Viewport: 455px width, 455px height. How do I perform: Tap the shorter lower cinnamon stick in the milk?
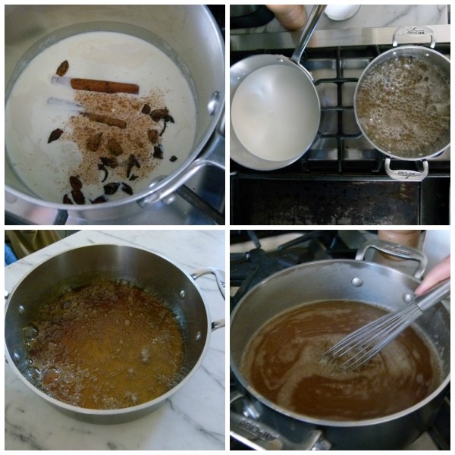click(x=106, y=120)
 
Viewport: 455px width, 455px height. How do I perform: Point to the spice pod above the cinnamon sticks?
click(x=62, y=67)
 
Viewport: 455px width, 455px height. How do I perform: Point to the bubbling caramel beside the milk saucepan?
click(x=402, y=106)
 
